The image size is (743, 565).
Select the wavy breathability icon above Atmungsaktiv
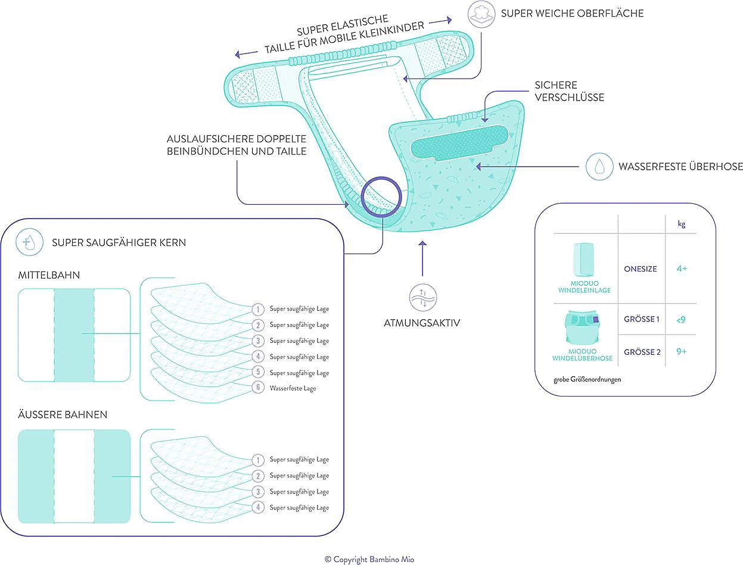point(422,296)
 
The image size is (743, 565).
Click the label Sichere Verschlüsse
point(569,91)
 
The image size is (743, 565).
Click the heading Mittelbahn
point(49,276)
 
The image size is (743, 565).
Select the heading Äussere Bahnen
point(63,414)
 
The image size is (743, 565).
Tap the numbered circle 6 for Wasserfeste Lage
point(257,388)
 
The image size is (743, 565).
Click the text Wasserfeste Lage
point(293,388)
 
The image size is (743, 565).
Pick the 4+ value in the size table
point(681,269)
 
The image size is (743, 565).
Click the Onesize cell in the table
point(641,269)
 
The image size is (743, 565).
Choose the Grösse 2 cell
point(642,352)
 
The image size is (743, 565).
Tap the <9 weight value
point(681,320)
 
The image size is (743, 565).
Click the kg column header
point(681,224)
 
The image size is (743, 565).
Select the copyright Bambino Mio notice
point(369,559)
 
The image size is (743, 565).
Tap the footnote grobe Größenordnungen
point(587,379)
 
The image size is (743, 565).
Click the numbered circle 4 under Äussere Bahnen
point(257,507)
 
